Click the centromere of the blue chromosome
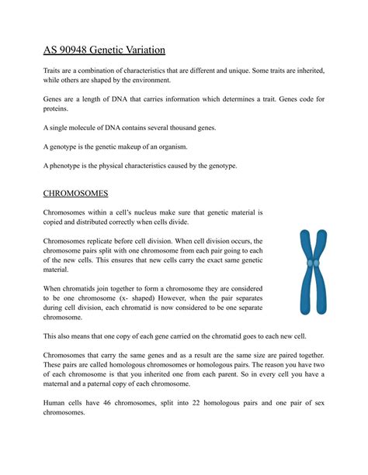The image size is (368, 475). [x=312, y=264]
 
